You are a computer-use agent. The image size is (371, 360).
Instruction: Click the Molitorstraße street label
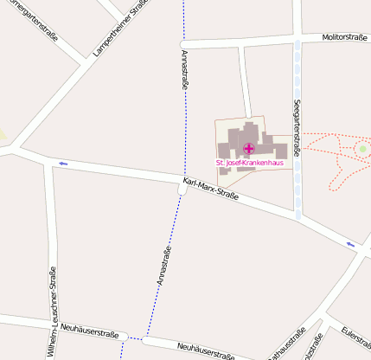pos(345,38)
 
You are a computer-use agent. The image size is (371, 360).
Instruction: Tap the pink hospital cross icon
pos(249,148)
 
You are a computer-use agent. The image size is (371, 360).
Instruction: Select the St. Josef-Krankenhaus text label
pos(249,164)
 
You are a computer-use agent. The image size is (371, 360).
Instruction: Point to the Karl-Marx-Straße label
pos(210,189)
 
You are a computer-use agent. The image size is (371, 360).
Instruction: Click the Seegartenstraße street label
pos(297,128)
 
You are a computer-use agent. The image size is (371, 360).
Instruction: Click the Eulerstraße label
pos(356,340)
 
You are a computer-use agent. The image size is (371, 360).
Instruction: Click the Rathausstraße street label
pos(285,344)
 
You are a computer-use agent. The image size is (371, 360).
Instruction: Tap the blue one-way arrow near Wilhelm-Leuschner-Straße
pos(63,163)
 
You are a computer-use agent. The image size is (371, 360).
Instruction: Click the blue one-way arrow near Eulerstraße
pos(350,244)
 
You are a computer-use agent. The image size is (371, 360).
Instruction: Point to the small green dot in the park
pos(363,149)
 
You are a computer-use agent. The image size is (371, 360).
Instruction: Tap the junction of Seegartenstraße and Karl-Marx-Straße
pos(298,210)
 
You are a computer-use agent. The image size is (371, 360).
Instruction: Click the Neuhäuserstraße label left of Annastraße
pos(91,331)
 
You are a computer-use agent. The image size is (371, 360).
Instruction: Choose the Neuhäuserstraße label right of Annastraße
pos(205,350)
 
